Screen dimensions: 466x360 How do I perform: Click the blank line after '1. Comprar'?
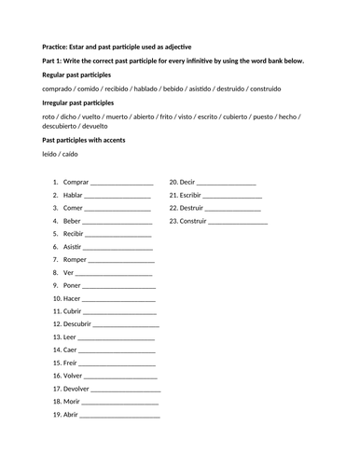tap(121, 184)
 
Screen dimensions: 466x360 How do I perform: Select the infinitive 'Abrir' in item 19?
tap(72, 415)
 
